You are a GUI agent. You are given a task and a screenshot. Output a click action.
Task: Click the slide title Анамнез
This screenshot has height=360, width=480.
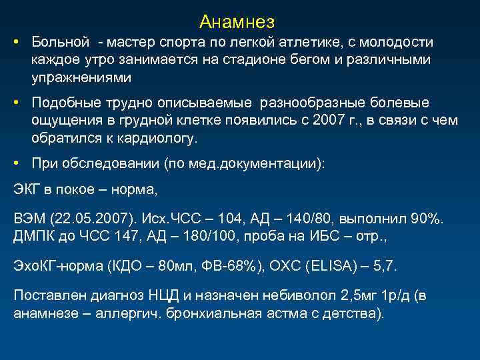237,22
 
